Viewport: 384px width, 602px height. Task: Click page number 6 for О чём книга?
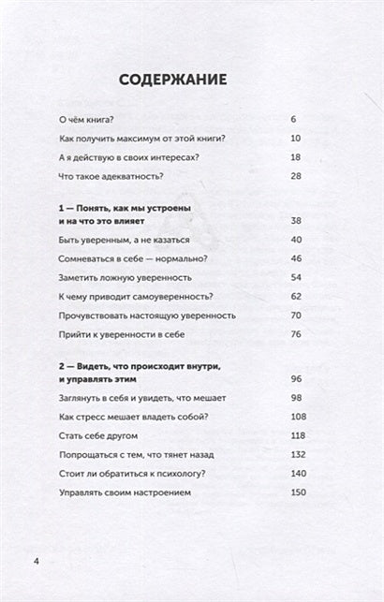click(294, 120)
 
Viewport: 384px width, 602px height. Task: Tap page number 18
click(296, 156)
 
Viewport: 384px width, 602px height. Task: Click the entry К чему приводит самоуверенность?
click(134, 296)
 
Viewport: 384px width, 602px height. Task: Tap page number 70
click(296, 315)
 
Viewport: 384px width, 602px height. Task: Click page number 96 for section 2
click(296, 378)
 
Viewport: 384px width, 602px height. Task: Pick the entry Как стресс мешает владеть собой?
click(133, 416)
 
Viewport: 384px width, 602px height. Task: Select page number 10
click(296, 138)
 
